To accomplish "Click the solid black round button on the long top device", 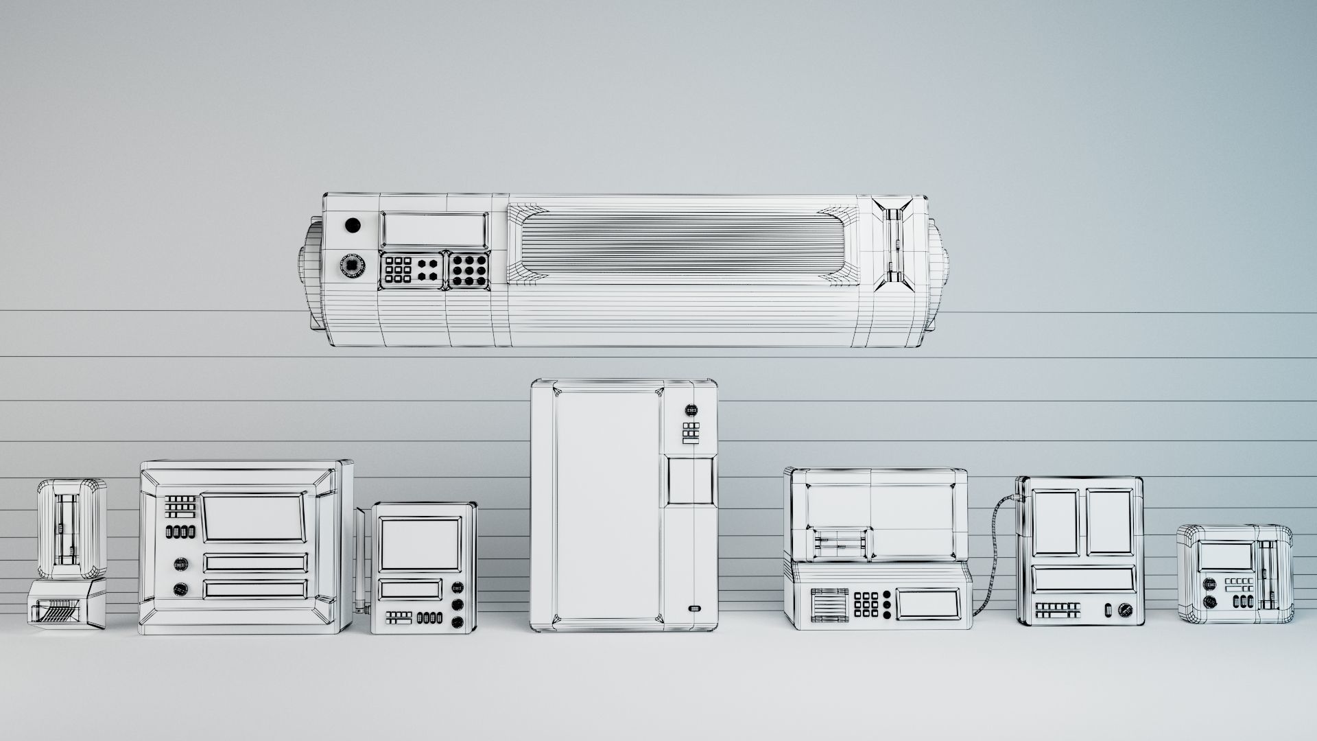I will tap(352, 225).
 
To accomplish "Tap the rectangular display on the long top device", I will tap(434, 228).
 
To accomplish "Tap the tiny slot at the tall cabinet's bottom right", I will tap(695, 608).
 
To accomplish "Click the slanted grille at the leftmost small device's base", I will tap(61, 609).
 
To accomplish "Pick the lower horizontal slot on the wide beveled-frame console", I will tap(255, 589).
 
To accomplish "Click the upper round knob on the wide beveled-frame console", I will tap(181, 564).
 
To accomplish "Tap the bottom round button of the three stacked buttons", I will tap(458, 623).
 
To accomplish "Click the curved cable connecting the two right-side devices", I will tap(992, 549).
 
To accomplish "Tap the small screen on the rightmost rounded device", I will tap(1225, 556).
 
